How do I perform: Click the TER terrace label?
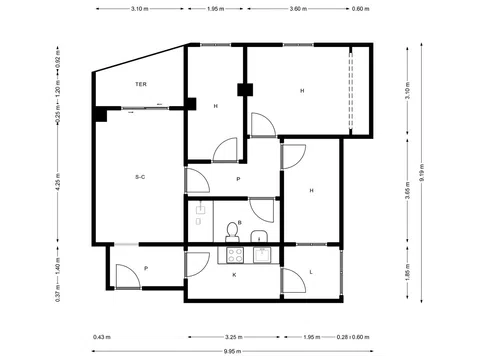pyautogui.click(x=142, y=85)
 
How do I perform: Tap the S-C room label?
pyautogui.click(x=141, y=177)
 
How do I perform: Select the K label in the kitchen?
pyautogui.click(x=235, y=273)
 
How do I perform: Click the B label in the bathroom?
pyautogui.click(x=240, y=223)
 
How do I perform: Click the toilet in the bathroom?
pyautogui.click(x=234, y=233)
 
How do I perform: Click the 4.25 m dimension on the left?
pyautogui.click(x=58, y=183)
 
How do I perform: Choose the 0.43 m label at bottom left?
pyautogui.click(x=100, y=337)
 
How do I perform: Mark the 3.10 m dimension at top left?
pyautogui.click(x=140, y=9)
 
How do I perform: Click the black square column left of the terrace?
pyautogui.click(x=101, y=113)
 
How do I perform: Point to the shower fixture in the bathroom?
pyautogui.click(x=199, y=214)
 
